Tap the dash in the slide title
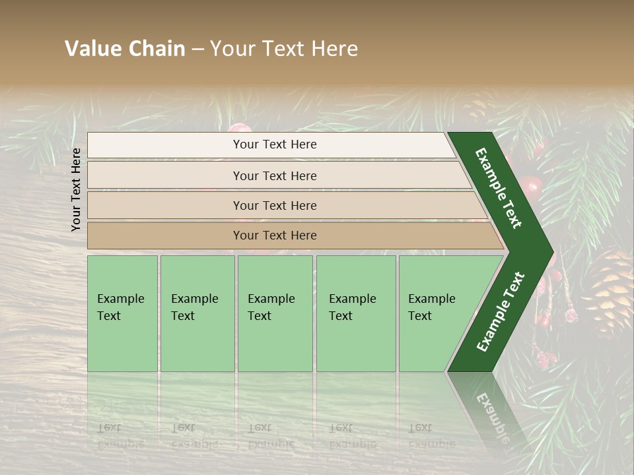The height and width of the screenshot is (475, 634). (x=197, y=49)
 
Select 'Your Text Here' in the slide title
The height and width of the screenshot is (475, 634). (x=284, y=49)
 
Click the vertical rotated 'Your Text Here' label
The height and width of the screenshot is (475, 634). (x=76, y=189)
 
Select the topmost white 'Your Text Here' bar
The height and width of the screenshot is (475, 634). (x=274, y=144)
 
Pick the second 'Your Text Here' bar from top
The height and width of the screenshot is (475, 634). (x=274, y=175)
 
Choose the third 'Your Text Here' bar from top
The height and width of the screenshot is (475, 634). (x=274, y=205)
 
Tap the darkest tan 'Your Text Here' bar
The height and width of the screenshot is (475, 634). (x=274, y=236)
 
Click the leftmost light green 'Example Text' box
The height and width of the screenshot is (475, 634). (x=122, y=313)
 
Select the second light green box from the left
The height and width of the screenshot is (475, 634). (x=197, y=313)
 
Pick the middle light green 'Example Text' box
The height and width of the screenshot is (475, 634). (x=275, y=313)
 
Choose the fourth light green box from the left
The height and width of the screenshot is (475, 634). (x=356, y=313)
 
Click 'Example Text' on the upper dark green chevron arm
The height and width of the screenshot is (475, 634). (x=499, y=188)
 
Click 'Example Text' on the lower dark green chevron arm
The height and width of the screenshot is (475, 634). (x=500, y=311)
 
